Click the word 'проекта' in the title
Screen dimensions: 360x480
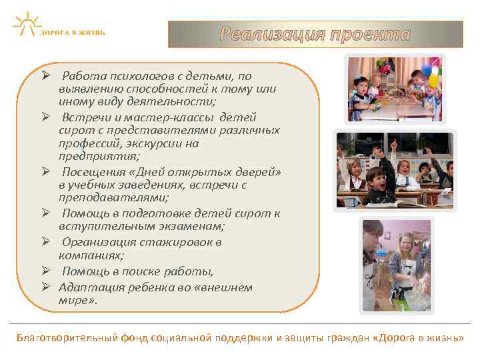(370, 34)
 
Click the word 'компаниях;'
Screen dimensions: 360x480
(87, 255)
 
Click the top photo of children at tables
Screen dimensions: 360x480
(395, 89)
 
